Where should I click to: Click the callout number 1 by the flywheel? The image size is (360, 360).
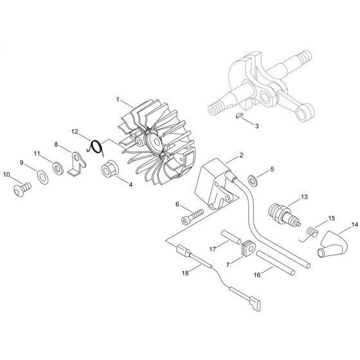coord(118,100)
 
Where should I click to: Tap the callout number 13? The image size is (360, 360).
coord(304,197)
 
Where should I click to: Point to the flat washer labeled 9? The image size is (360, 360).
coord(42,175)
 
